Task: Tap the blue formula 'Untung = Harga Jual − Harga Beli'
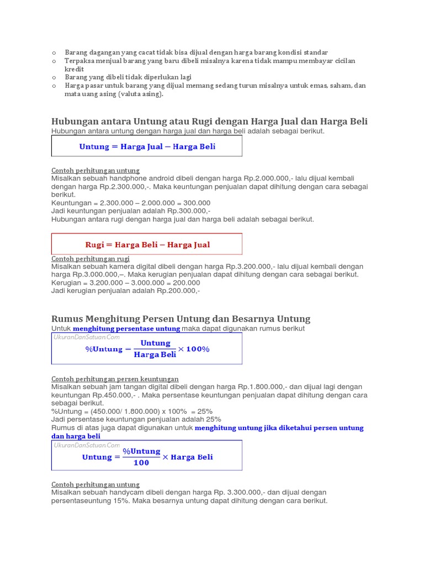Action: point(147,147)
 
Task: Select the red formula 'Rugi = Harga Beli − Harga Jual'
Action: point(147,244)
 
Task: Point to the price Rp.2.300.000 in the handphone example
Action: point(96,186)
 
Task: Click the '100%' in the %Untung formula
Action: point(198,349)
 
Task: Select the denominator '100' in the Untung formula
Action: point(141,463)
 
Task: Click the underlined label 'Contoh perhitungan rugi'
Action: point(91,259)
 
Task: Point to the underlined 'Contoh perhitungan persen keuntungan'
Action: point(115,379)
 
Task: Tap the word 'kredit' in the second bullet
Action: point(74,70)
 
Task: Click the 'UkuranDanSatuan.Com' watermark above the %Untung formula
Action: point(87,337)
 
